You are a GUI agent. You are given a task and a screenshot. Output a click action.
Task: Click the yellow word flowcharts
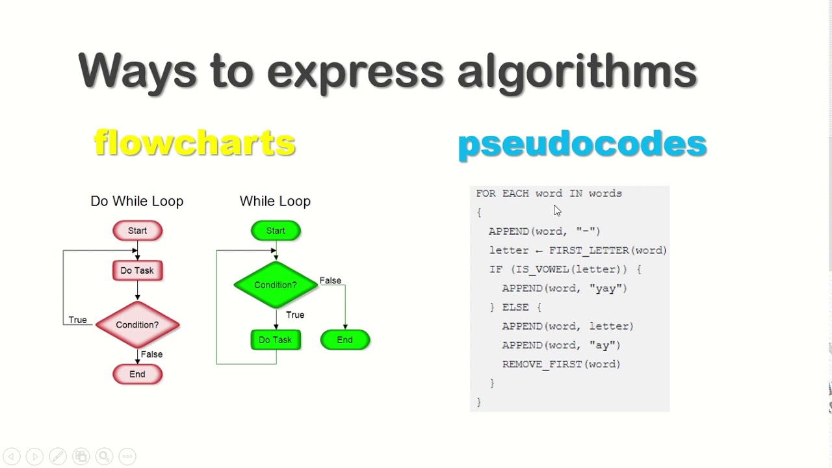tap(194, 142)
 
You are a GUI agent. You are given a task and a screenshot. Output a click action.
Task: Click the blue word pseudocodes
tap(582, 145)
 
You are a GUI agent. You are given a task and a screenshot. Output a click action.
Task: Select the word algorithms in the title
tap(577, 72)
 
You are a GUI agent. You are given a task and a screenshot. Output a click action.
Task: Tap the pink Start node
tap(137, 231)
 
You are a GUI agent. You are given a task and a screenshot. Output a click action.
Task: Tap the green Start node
tap(276, 231)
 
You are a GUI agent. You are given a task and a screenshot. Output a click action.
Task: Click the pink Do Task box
tap(137, 270)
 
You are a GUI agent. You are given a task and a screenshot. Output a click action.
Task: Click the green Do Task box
tap(276, 340)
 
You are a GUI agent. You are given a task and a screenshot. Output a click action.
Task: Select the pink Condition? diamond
tap(137, 325)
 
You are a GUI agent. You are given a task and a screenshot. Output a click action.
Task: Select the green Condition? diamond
tap(276, 285)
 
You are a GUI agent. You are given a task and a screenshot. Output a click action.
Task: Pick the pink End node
tap(137, 374)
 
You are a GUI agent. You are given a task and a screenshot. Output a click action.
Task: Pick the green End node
tap(345, 340)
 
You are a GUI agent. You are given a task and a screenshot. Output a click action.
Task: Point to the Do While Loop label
tap(137, 201)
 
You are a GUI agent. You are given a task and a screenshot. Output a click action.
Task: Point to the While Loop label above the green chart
tap(275, 201)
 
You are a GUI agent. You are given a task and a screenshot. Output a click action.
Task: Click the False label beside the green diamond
tap(330, 280)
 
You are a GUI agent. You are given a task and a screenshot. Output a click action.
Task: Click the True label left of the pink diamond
tap(77, 320)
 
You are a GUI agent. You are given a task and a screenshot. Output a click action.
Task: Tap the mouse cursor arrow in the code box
tap(557, 211)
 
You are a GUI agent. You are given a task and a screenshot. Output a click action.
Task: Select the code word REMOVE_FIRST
tap(542, 365)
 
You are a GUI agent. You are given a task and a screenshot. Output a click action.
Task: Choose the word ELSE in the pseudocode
tap(515, 307)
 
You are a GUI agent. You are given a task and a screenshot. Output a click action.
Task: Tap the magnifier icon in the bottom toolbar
tap(104, 456)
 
